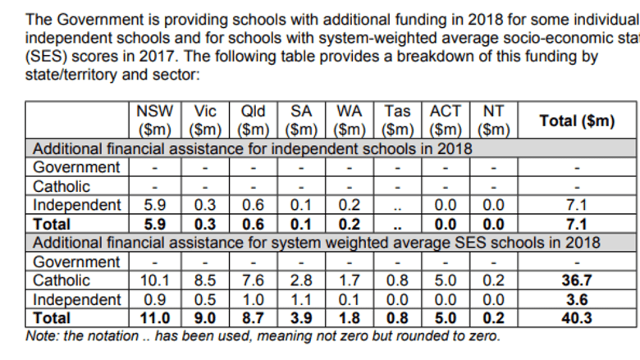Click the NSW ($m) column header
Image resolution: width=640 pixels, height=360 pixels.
[155, 121]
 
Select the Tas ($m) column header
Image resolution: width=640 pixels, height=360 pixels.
[398, 121]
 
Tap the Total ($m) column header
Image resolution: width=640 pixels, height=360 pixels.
[577, 121]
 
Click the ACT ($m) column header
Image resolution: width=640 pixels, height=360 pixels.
[446, 121]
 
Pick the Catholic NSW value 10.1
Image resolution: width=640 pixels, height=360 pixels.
[155, 280]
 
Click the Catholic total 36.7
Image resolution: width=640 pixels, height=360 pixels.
[577, 280]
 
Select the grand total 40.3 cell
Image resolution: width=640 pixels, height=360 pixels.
[577, 318]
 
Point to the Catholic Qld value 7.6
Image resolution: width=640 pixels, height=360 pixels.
[253, 280]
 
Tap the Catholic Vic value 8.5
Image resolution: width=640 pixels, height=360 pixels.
[205, 280]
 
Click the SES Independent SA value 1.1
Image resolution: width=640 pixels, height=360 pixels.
[301, 299]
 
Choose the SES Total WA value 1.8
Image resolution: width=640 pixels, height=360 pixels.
[350, 318]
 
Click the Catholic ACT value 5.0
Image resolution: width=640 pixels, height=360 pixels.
[446, 280]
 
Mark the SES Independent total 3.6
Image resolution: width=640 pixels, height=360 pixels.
[577, 299]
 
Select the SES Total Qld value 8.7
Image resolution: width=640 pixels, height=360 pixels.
[253, 318]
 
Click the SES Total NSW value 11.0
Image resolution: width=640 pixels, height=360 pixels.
[155, 318]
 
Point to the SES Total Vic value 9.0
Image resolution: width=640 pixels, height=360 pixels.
[205, 318]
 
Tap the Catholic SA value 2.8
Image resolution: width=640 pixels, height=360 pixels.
[301, 280]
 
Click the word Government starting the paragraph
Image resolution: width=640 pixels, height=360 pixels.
[100, 20]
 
